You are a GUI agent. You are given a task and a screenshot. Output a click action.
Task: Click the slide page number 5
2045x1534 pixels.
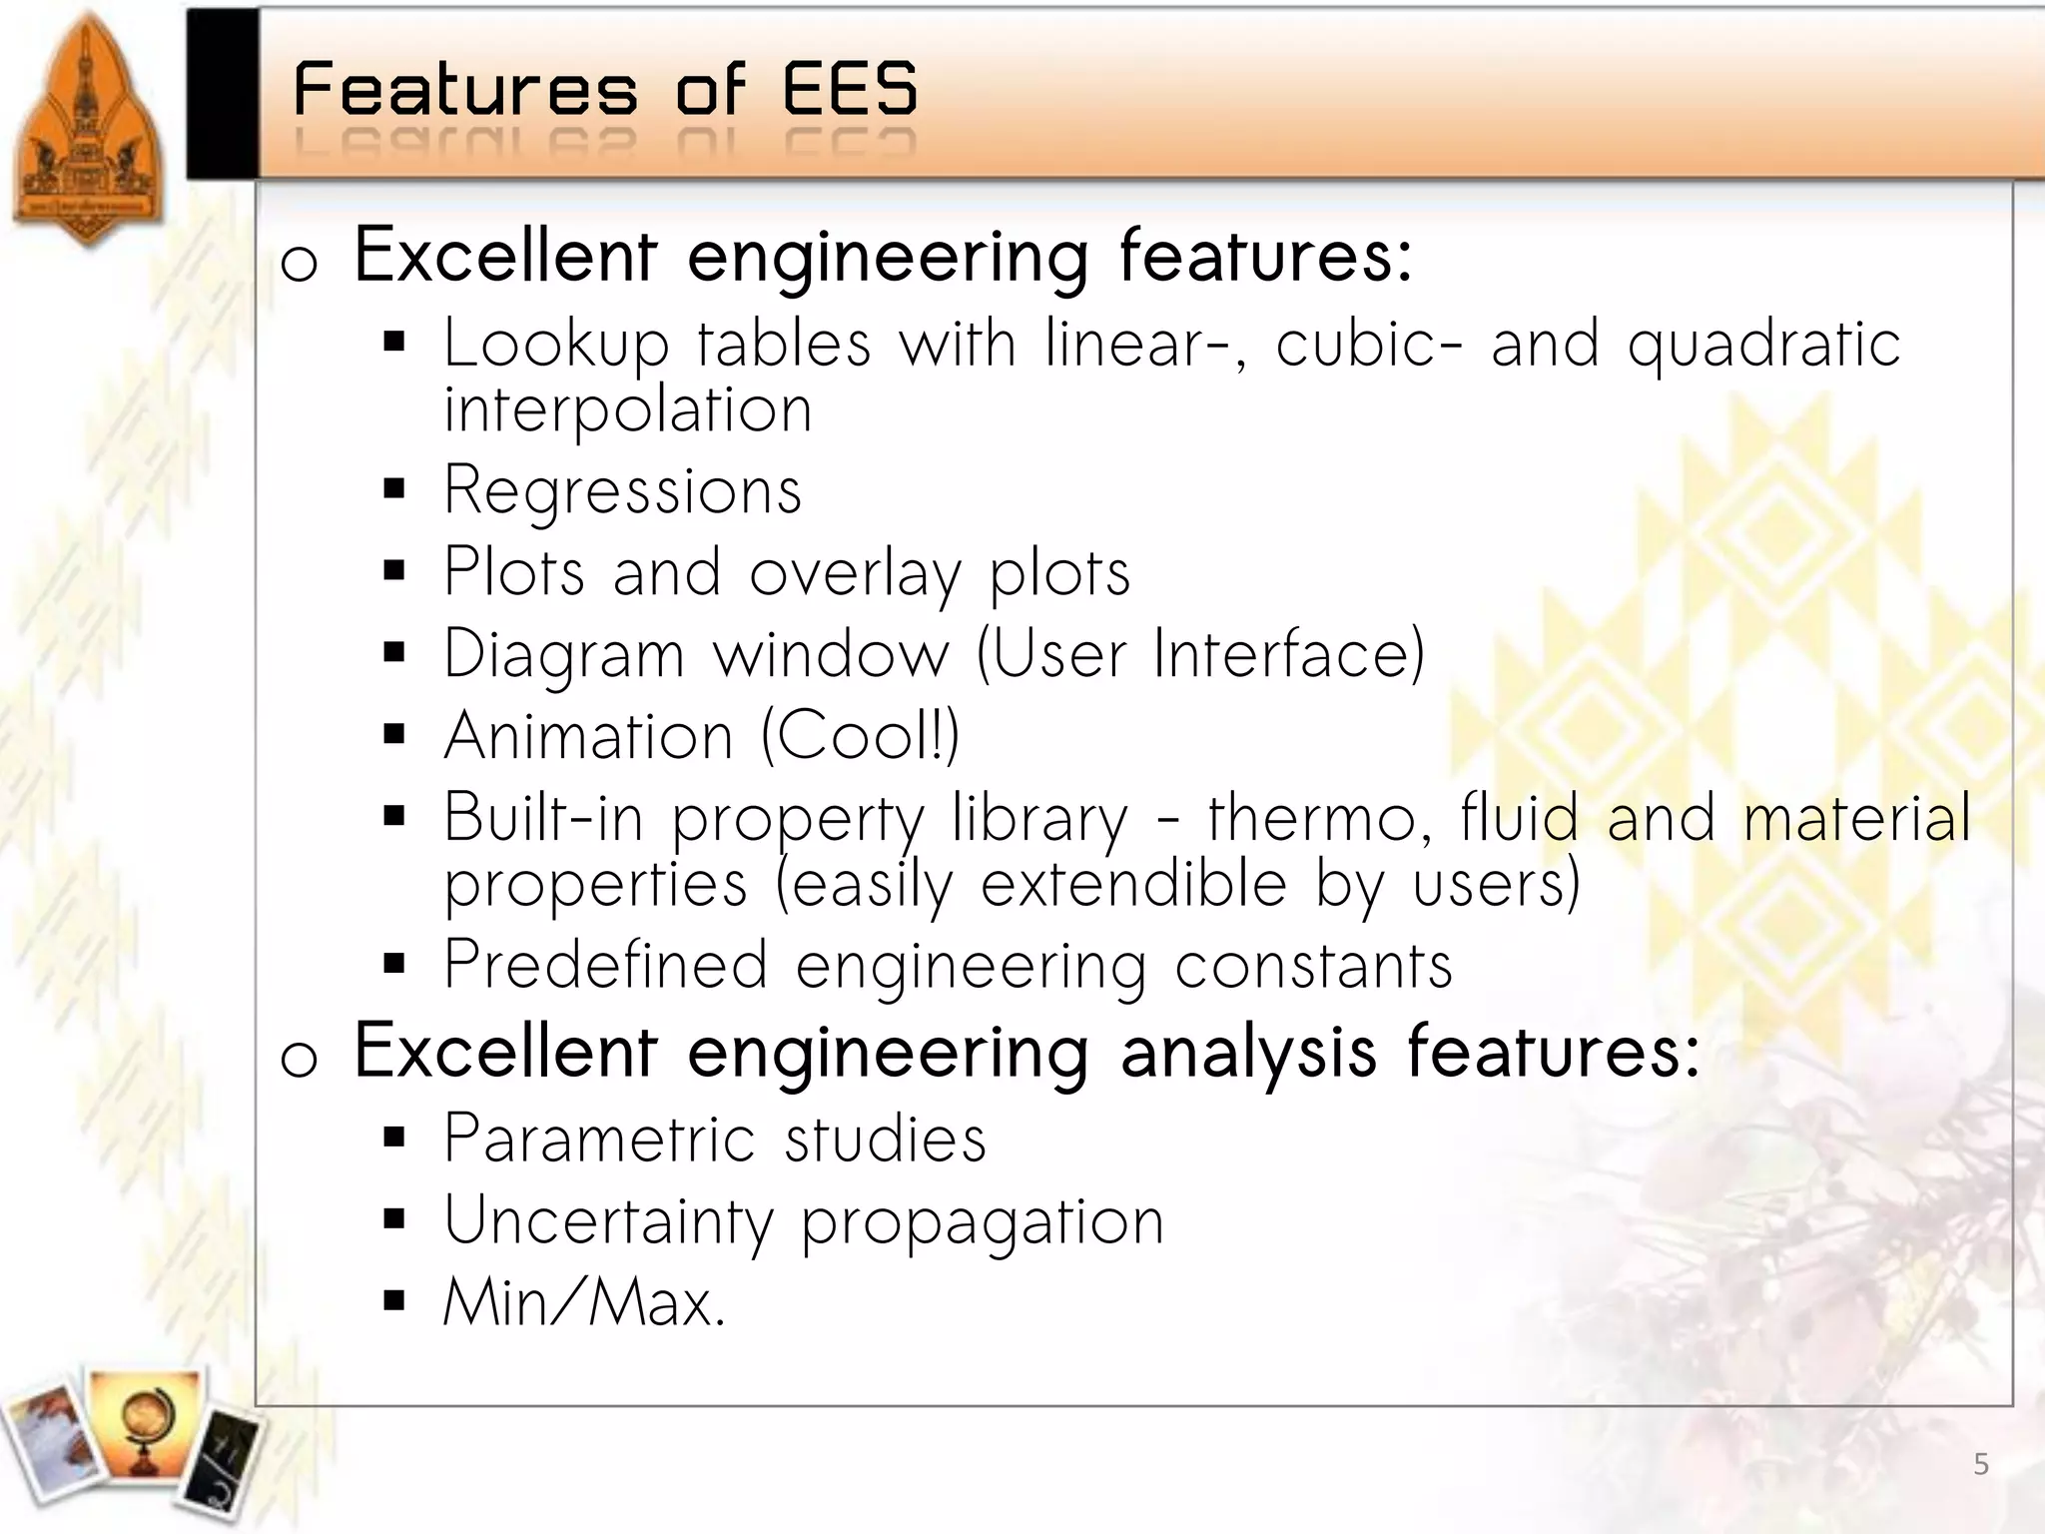point(1981,1465)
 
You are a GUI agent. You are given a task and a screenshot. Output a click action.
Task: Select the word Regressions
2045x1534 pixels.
point(623,490)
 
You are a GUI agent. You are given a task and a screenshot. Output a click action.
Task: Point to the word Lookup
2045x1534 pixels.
point(556,345)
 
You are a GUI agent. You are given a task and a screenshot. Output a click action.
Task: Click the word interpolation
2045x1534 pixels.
point(628,409)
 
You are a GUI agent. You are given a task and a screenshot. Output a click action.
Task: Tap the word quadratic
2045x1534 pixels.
point(1763,345)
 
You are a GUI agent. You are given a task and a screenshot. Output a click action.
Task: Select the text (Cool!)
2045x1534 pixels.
point(860,736)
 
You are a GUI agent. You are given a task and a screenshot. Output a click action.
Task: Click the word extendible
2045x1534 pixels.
point(1133,884)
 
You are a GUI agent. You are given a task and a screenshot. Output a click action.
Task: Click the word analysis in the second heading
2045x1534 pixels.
point(1248,1053)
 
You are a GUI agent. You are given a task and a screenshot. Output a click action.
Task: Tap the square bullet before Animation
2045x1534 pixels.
point(394,736)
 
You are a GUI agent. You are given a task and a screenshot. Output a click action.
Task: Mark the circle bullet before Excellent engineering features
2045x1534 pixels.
point(299,262)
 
